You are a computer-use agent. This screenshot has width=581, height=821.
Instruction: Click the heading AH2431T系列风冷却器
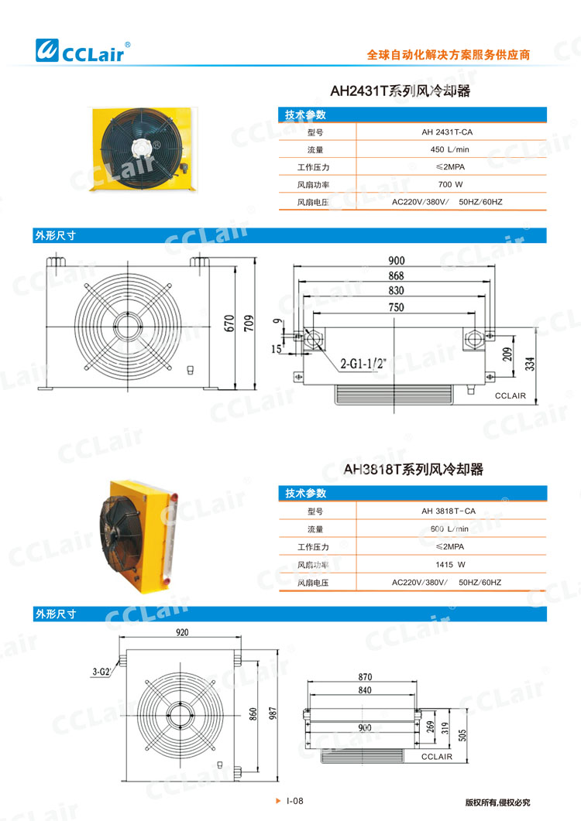(x=401, y=91)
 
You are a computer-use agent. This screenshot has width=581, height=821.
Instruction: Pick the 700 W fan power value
(x=449, y=185)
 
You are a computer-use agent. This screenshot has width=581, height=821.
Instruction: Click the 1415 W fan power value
(x=449, y=564)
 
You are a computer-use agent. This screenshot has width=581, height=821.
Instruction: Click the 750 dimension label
(x=396, y=307)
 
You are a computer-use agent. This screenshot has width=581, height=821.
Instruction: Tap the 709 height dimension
(x=248, y=323)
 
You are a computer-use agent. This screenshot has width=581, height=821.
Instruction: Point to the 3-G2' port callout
(x=101, y=672)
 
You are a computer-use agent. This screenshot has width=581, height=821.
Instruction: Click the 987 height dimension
(x=271, y=714)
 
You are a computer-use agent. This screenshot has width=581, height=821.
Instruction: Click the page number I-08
(x=294, y=802)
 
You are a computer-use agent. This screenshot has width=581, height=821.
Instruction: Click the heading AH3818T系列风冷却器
(x=414, y=470)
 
